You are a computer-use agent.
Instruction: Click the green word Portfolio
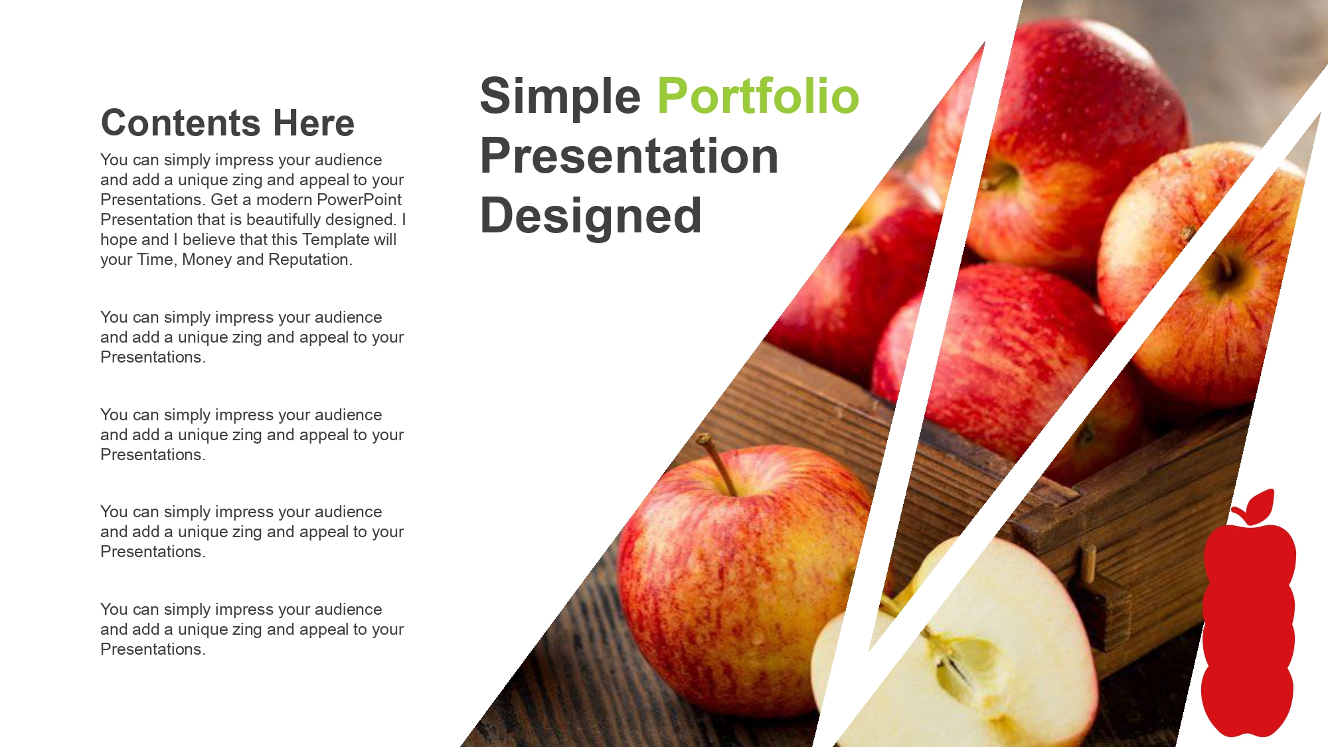(758, 96)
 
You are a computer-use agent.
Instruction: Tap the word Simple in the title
(560, 97)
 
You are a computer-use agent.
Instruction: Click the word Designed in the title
(591, 216)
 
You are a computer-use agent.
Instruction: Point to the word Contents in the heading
(181, 123)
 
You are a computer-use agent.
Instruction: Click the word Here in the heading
(314, 123)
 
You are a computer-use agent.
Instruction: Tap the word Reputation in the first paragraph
(309, 260)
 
